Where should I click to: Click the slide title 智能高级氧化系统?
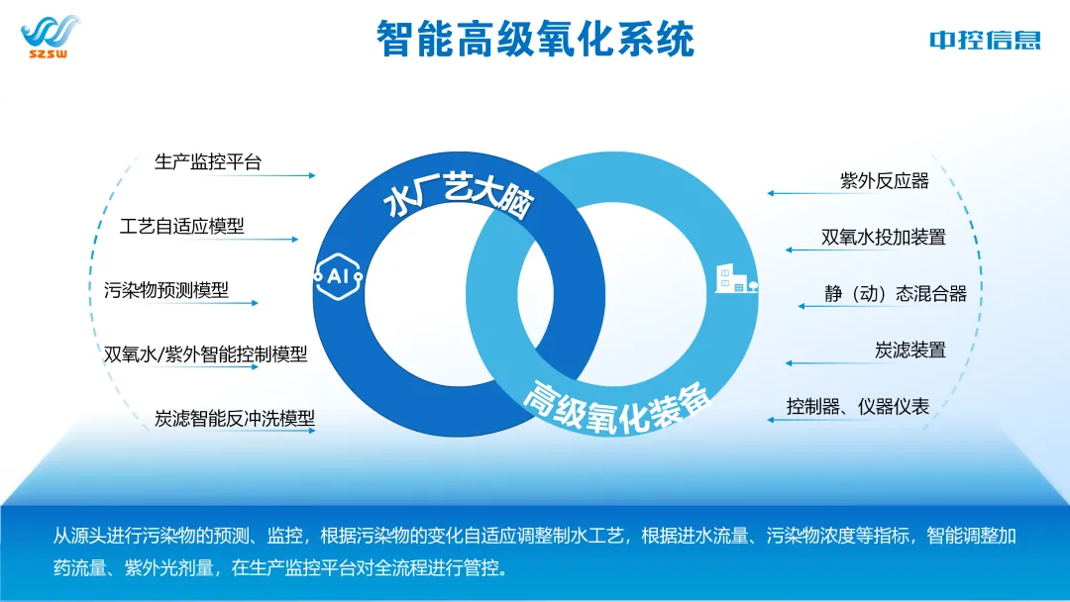(535, 39)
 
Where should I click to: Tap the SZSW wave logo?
(49, 37)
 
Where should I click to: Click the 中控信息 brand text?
(985, 40)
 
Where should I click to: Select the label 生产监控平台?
(208, 161)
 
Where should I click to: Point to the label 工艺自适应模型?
(181, 226)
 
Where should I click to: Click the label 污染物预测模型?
(166, 290)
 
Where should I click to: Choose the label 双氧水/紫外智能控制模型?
(206, 354)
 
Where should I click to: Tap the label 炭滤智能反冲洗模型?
(235, 418)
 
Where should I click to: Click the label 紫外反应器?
(884, 180)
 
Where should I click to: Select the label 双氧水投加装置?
(884, 237)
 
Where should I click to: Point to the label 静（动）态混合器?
(895, 293)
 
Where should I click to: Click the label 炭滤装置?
(909, 350)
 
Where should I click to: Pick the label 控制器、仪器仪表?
(858, 406)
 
